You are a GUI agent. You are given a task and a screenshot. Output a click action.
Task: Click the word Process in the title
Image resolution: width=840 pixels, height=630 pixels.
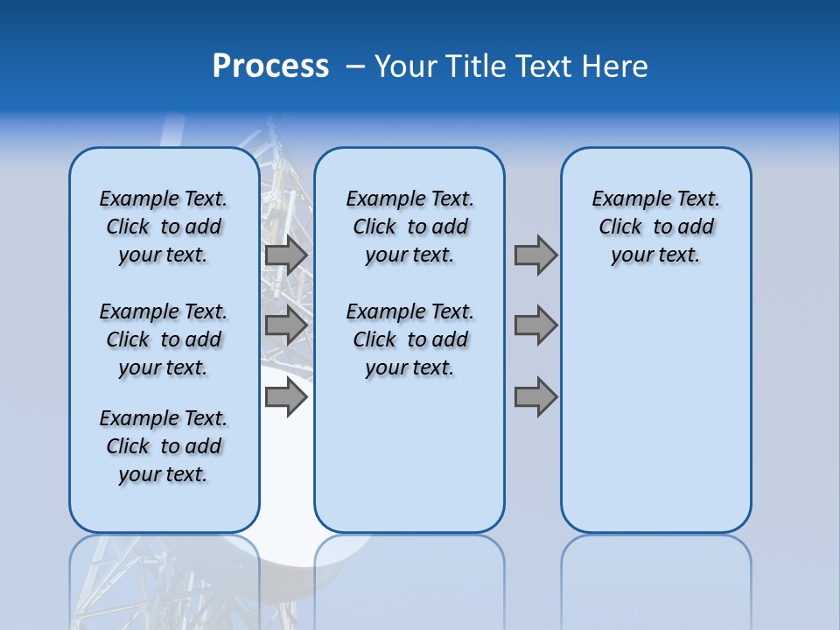[270, 66]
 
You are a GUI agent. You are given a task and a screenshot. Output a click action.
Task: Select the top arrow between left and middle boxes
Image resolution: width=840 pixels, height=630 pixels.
[286, 255]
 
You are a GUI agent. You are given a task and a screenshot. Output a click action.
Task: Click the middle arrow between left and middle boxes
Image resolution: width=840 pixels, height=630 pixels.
[286, 325]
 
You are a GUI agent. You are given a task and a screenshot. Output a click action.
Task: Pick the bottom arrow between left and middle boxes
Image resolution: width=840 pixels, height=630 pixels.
[286, 398]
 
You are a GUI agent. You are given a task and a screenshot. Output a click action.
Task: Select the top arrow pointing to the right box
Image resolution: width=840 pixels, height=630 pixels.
[535, 255]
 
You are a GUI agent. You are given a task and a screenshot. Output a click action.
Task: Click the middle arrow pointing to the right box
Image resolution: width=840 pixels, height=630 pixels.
[535, 325]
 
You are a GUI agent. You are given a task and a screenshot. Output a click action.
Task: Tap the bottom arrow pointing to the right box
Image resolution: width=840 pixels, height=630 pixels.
[535, 398]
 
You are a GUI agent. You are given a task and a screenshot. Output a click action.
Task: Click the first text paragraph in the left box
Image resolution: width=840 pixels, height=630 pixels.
[164, 227]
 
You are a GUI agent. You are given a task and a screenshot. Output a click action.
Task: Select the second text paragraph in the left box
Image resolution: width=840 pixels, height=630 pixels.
[164, 339]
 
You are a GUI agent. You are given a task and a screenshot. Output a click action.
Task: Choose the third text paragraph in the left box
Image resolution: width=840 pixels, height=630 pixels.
[164, 446]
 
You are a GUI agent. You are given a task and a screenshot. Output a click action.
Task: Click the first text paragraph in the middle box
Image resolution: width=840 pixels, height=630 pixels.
[409, 227]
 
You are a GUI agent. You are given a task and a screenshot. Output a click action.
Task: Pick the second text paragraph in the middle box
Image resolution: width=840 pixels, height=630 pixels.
[409, 339]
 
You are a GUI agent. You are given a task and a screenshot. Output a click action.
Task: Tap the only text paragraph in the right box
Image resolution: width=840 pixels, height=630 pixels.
[655, 227]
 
